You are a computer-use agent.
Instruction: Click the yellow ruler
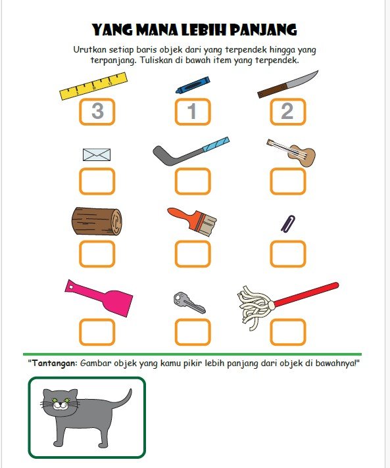tap(93, 86)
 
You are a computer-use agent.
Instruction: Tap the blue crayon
tap(193, 85)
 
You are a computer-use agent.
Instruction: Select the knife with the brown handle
tap(287, 85)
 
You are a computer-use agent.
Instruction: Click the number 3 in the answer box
tap(97, 110)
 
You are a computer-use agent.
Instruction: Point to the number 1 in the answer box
tap(192, 111)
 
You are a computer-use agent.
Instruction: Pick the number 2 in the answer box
tap(287, 111)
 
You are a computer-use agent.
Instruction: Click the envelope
tap(97, 154)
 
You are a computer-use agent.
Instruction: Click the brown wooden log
tap(97, 221)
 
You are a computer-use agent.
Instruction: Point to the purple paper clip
tap(288, 223)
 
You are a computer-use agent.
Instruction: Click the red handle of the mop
tap(306, 294)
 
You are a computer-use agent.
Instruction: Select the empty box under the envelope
tap(97, 181)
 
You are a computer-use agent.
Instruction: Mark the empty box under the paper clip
tap(288, 254)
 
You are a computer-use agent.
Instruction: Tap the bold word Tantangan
tap(55, 363)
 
